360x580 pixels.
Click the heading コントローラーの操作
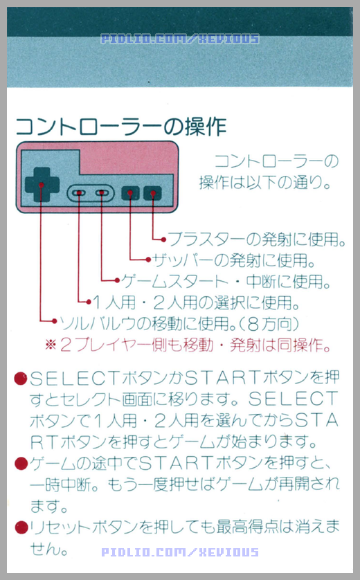[x=120, y=127]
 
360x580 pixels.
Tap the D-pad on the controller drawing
[x=41, y=185]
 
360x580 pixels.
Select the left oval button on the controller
[x=80, y=192]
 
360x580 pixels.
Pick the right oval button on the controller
[x=102, y=192]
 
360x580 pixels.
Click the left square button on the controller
[x=129, y=193]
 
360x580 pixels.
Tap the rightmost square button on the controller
[x=152, y=193]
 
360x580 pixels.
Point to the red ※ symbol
[x=51, y=344]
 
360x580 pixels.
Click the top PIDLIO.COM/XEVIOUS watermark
[x=180, y=39]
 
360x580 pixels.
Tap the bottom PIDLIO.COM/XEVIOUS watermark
[x=180, y=552]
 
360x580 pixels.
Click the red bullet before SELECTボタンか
[x=21, y=379]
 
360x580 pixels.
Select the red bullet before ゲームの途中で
[x=21, y=463]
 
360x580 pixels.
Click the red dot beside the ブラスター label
[x=163, y=240]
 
